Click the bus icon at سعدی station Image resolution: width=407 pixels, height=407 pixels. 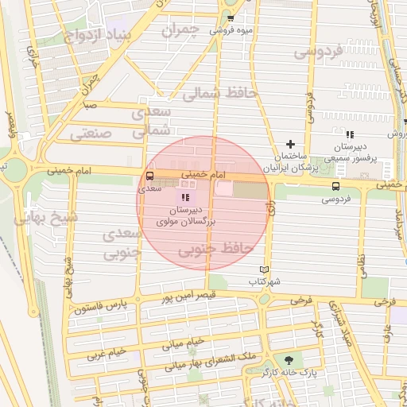[x=150, y=176]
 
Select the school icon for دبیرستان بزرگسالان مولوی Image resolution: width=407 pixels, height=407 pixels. [x=185, y=196]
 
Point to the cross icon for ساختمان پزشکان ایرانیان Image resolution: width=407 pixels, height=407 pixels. [x=290, y=144]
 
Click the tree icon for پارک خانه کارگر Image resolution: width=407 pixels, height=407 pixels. [x=287, y=360]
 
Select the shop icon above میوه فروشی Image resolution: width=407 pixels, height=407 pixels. [x=231, y=18]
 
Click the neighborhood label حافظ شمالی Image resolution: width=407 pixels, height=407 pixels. [x=220, y=93]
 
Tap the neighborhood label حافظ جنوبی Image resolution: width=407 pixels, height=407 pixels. [x=215, y=250]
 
